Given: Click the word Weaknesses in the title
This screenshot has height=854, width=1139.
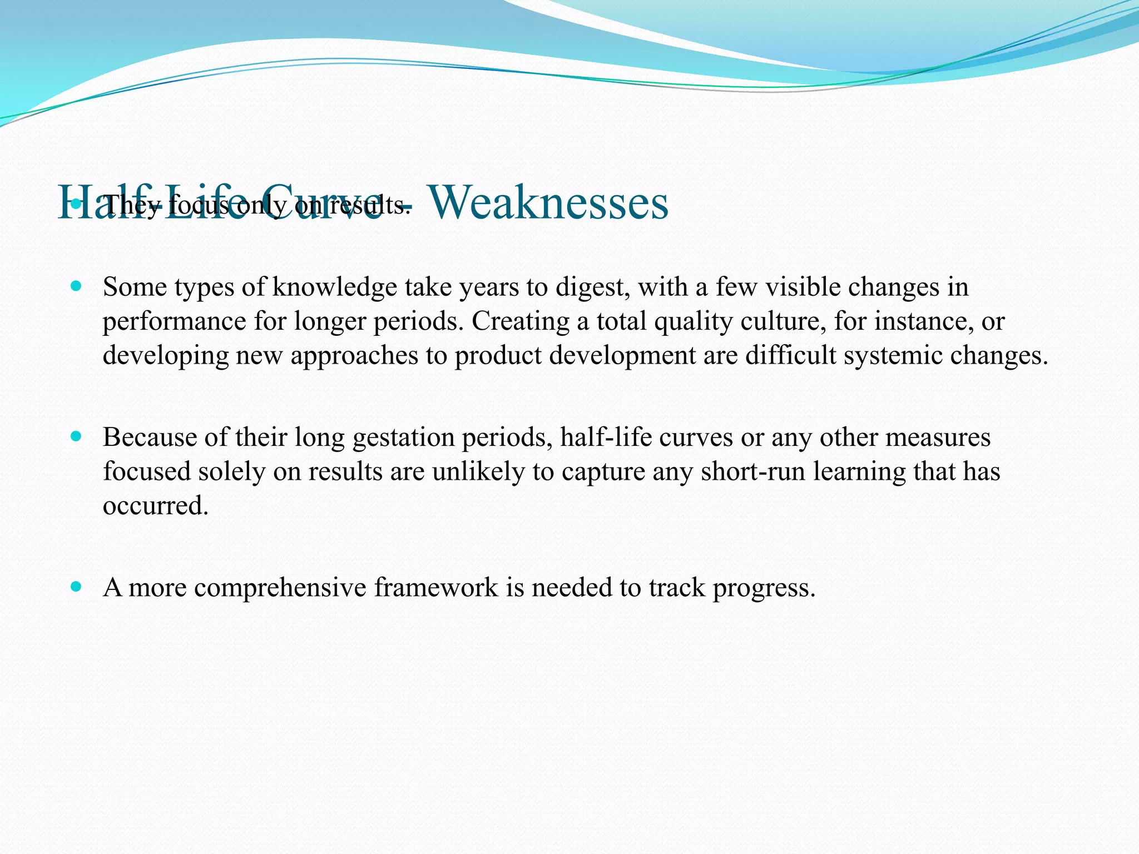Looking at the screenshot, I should click(x=548, y=203).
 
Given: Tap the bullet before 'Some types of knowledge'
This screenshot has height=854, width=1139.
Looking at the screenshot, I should click(x=77, y=286).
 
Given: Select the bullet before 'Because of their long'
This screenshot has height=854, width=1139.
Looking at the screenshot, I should click(x=77, y=436).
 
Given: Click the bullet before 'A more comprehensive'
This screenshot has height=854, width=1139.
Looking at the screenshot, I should click(x=77, y=587).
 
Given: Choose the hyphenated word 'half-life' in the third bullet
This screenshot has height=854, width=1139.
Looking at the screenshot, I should click(x=606, y=438).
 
